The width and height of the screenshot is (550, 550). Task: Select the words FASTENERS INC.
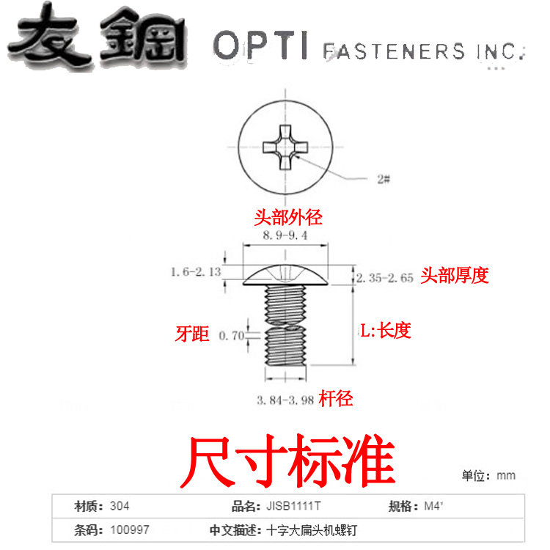[424, 51]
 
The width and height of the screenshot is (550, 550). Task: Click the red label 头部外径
[288, 218]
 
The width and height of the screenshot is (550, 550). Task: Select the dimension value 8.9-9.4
[286, 235]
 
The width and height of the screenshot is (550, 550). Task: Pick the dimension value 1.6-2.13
[197, 272]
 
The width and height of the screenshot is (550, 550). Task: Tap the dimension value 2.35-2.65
[385, 278]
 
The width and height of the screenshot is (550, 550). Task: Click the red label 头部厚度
[455, 276]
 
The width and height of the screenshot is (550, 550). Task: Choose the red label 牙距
[193, 334]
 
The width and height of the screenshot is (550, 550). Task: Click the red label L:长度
[384, 331]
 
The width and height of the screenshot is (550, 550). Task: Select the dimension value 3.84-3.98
[285, 400]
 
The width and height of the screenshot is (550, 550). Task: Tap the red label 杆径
[336, 398]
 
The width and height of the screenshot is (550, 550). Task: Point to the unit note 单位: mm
[488, 475]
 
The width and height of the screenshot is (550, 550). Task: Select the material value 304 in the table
[120, 506]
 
